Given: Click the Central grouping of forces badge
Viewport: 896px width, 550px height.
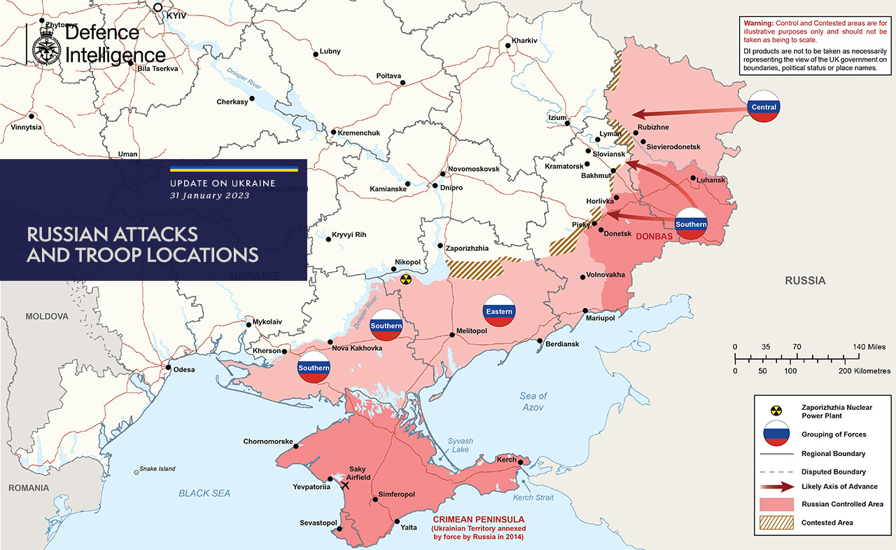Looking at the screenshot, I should pos(763,107).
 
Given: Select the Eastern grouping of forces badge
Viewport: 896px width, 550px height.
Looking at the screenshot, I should pos(499,311).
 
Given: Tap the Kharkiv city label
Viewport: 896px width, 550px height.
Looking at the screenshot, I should pos(524,41).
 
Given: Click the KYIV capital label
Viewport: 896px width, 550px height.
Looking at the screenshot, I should pos(178,15).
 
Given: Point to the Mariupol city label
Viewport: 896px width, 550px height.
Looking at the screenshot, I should pos(599,318).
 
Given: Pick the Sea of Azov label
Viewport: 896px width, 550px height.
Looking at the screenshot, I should pos(533,401).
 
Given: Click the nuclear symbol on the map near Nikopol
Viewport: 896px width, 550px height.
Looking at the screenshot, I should pos(405,280).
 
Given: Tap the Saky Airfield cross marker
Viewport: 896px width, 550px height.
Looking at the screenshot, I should pos(344,484).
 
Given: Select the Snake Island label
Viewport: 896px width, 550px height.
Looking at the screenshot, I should pos(157,469).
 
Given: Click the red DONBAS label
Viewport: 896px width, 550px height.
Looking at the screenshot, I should pos(654,237).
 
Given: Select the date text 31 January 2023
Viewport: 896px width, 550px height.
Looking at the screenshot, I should pos(209,195).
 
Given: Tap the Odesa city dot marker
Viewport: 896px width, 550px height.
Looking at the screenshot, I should pos(168,366).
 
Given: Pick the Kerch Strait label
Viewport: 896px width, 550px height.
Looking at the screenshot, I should pos(533,497).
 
